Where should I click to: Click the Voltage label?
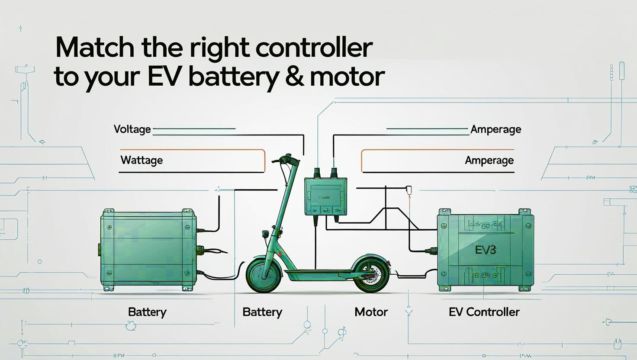point(132,129)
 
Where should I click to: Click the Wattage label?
point(142,161)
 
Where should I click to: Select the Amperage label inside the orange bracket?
point(489,161)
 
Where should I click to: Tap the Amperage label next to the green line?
point(495,129)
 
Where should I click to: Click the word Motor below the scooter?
point(371,312)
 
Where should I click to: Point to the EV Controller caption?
point(484,312)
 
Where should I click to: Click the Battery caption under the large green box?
point(147,312)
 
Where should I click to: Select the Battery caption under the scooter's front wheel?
point(262,312)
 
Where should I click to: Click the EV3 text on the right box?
point(485,250)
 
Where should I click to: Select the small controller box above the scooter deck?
point(325,196)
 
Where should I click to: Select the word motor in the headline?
point(347,77)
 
